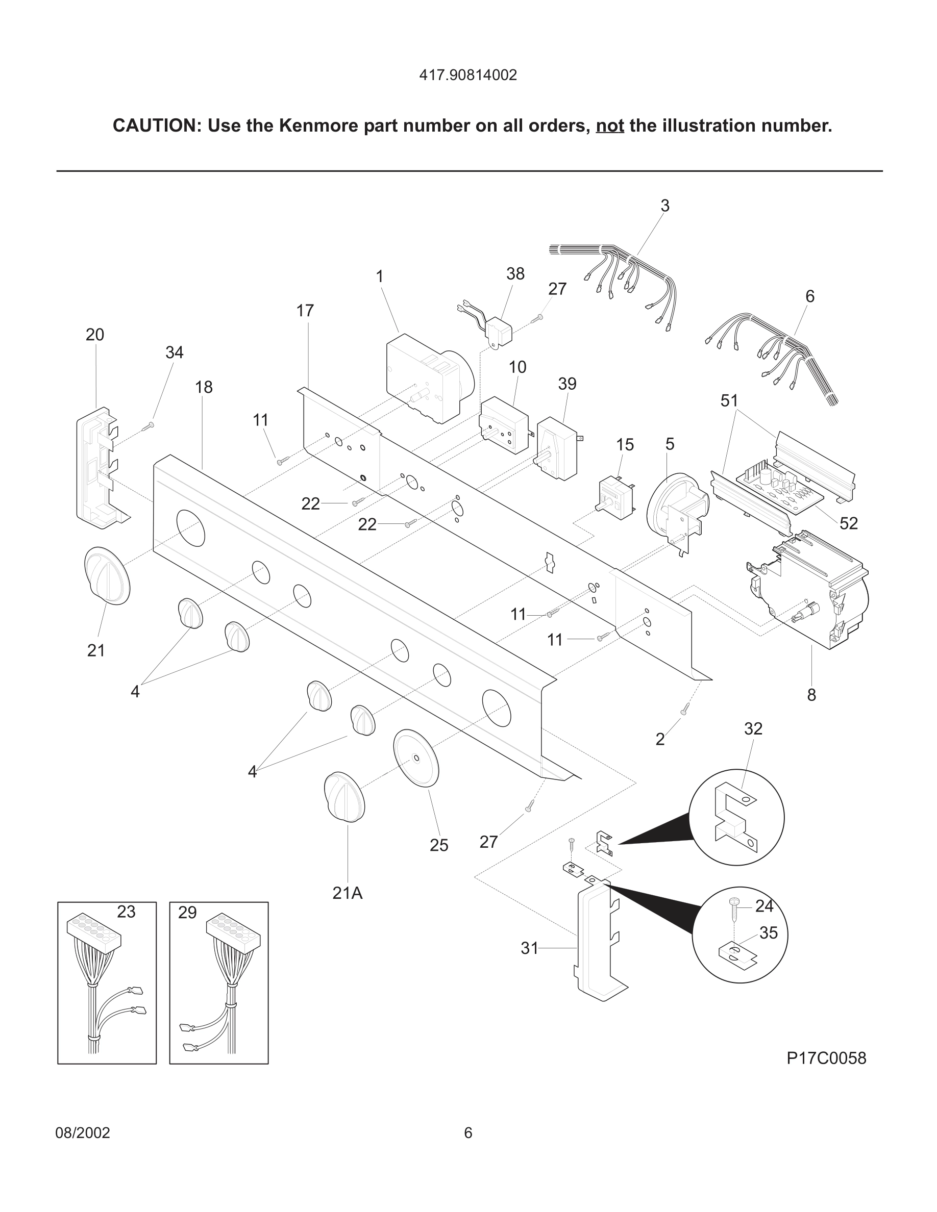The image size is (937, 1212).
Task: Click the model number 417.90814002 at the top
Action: [x=468, y=75]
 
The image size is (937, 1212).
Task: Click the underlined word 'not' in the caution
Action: [x=609, y=126]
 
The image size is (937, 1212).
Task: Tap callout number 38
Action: [x=515, y=273]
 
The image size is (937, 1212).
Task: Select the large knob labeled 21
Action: [x=107, y=575]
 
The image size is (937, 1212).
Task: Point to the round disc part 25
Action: [x=416, y=758]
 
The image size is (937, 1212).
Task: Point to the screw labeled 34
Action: [x=150, y=425]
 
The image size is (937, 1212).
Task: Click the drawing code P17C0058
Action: [x=826, y=1058]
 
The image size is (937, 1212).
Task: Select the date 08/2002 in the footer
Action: [x=83, y=1132]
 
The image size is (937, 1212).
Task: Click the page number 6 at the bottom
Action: [x=468, y=1132]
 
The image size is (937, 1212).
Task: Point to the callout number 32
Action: [x=753, y=728]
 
